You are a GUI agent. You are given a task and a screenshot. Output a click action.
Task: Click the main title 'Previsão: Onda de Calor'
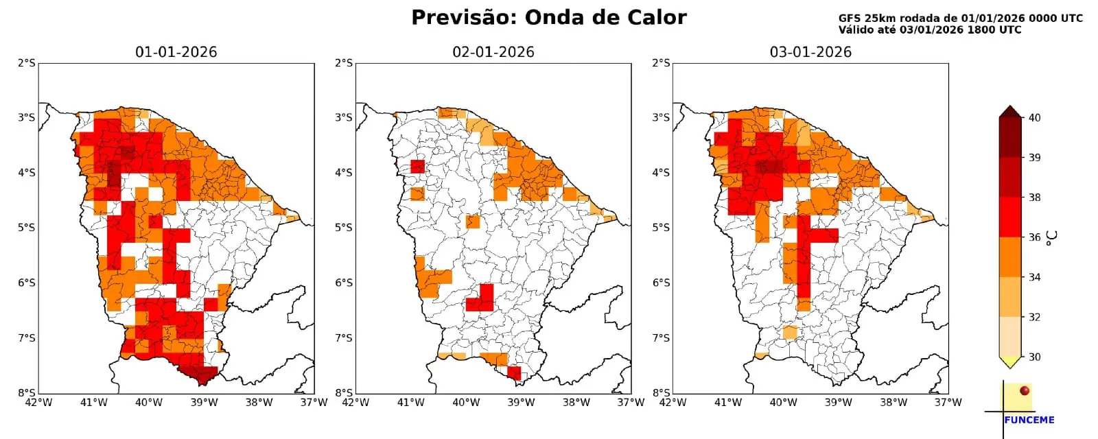click(x=548, y=18)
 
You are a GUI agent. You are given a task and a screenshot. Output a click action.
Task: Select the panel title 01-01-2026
click(x=176, y=52)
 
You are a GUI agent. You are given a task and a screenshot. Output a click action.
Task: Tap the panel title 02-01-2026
click(x=493, y=52)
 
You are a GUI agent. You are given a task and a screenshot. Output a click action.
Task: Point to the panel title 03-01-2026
click(x=810, y=52)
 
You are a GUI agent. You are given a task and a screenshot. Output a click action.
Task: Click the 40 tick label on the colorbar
click(x=1034, y=118)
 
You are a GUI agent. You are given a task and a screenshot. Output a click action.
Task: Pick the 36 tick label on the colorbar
click(x=1034, y=237)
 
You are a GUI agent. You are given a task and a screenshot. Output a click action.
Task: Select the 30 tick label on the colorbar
click(x=1034, y=357)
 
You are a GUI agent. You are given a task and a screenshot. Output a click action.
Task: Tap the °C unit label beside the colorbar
click(x=1052, y=237)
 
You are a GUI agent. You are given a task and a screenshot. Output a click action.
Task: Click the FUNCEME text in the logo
click(x=1029, y=420)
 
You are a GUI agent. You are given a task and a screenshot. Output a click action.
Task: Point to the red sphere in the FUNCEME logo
click(x=1025, y=390)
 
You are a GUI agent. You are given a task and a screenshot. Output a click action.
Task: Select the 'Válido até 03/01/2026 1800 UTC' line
click(x=929, y=30)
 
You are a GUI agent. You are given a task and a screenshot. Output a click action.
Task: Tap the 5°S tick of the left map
click(x=26, y=228)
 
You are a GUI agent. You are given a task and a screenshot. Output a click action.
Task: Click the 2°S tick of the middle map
click(x=343, y=63)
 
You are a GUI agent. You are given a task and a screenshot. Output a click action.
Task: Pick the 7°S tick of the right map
click(x=661, y=338)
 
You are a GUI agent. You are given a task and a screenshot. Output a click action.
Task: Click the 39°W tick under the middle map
click(x=521, y=403)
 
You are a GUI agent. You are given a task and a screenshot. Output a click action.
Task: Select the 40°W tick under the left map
click(x=148, y=403)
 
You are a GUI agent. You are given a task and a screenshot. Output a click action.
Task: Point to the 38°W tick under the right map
click(x=893, y=403)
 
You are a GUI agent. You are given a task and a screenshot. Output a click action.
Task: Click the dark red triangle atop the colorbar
click(x=1009, y=112)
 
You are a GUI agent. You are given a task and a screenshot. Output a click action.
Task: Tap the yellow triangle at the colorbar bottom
click(x=1009, y=361)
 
